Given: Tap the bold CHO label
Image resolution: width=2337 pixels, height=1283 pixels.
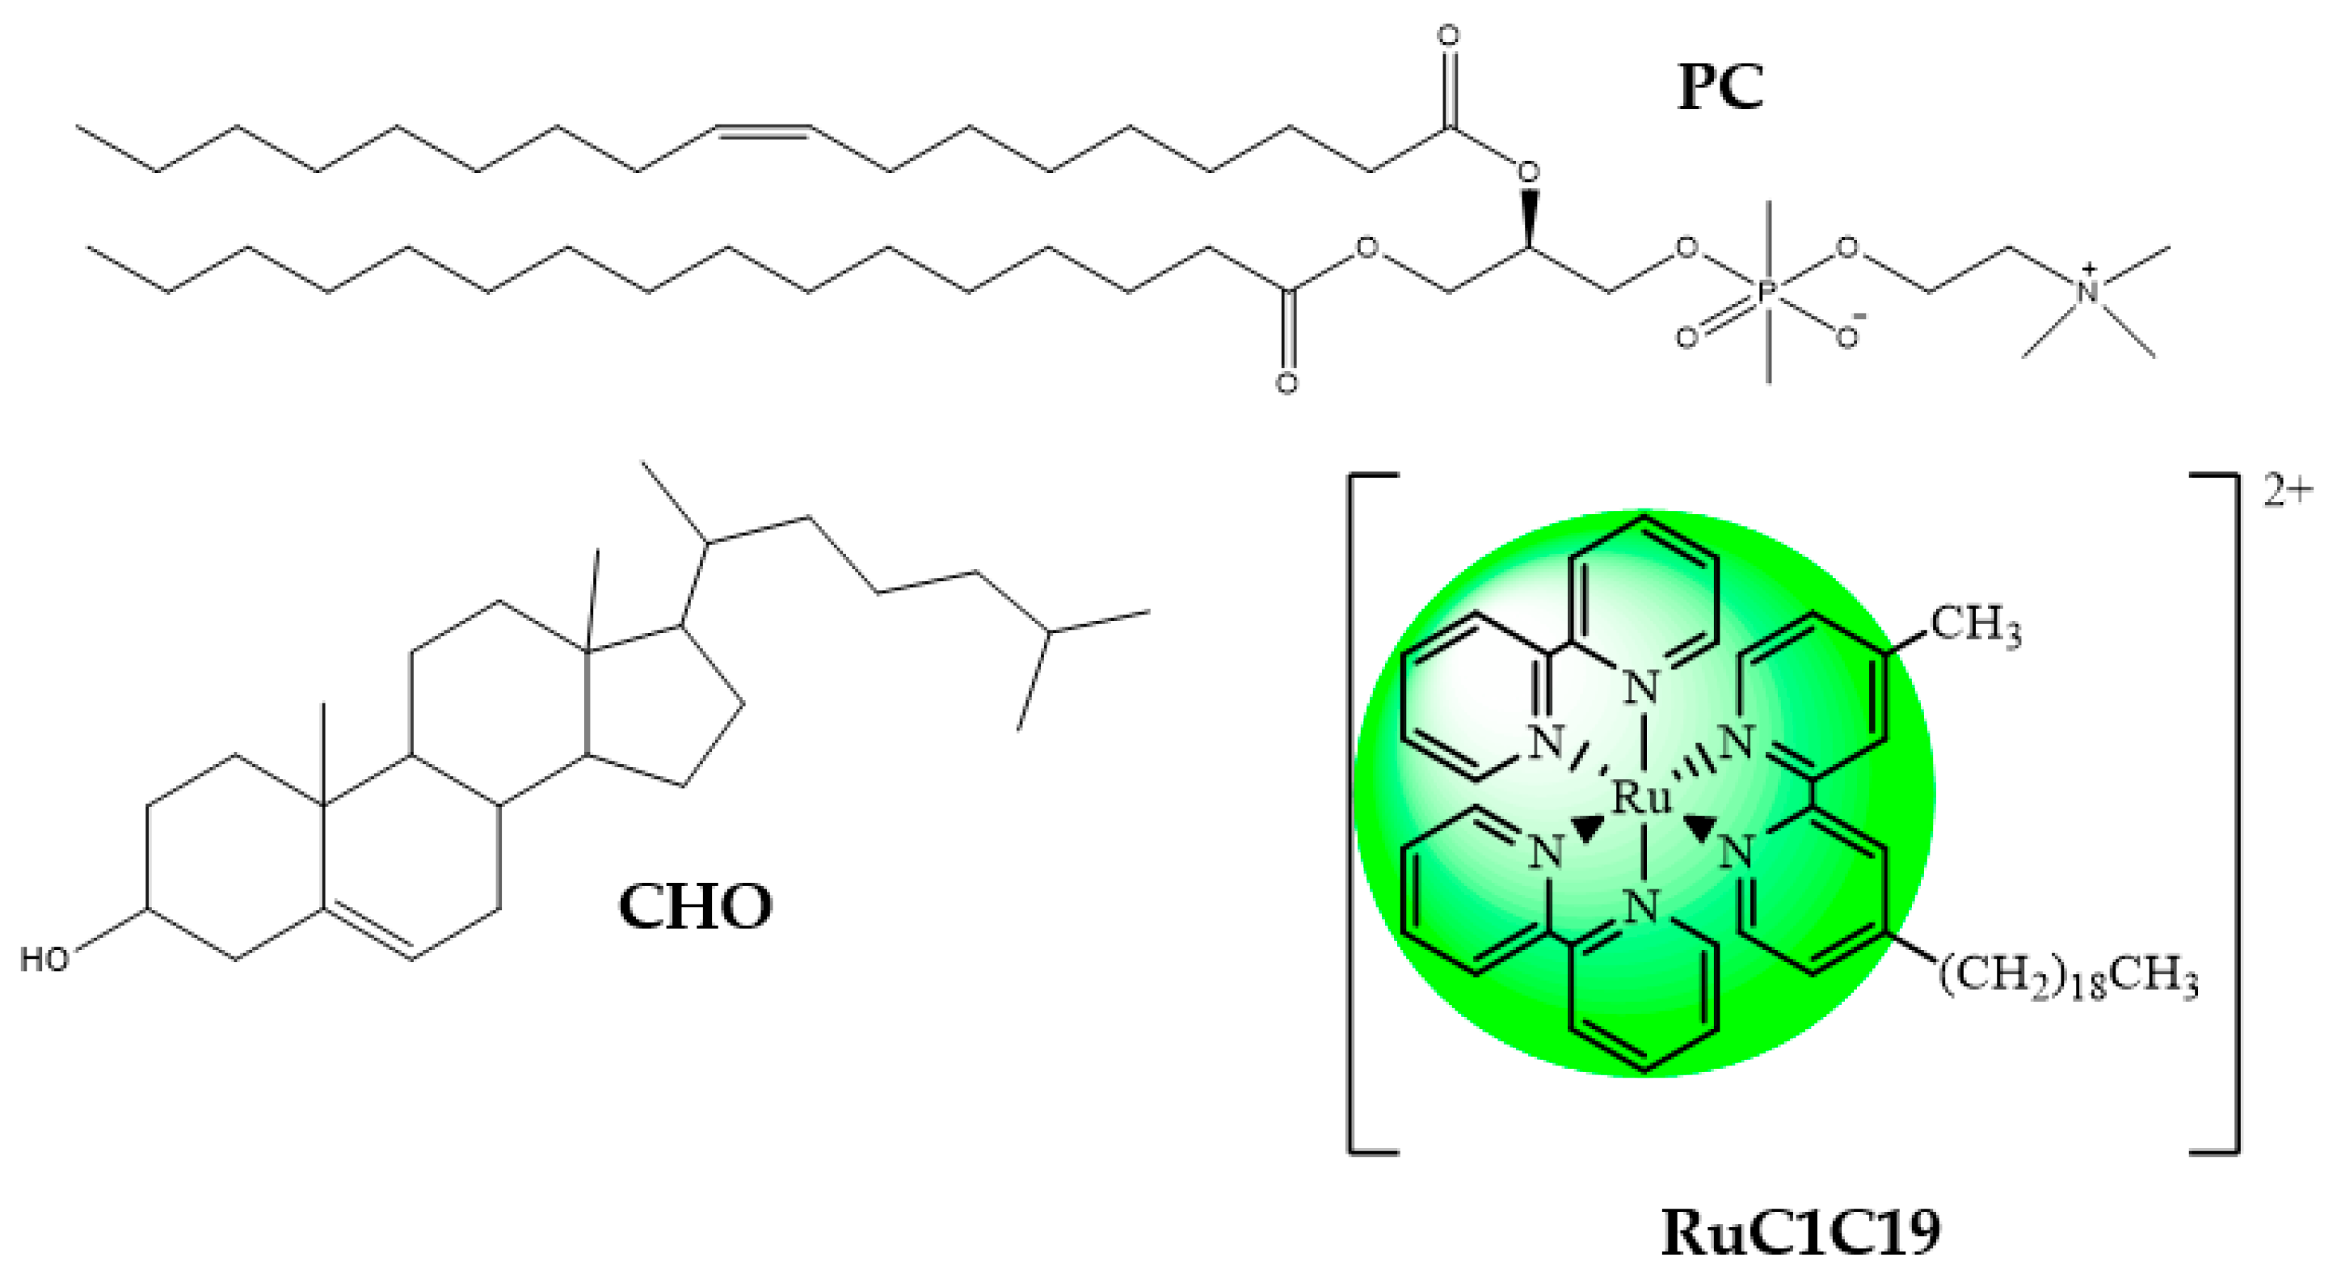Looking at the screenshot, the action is (x=695, y=906).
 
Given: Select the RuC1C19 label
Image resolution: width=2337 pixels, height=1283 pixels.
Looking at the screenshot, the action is (x=1801, y=1233).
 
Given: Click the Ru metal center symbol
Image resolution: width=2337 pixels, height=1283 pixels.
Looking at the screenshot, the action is (x=1642, y=799).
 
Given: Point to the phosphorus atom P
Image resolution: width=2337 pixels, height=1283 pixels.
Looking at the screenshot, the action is (x=1768, y=292).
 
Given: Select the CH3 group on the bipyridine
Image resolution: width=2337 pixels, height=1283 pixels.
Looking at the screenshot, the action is (x=1975, y=628).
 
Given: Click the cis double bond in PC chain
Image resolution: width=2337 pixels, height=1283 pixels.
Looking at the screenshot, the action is (x=761, y=132).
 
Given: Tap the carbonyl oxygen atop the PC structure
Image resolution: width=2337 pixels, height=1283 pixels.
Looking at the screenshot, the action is (x=1449, y=37).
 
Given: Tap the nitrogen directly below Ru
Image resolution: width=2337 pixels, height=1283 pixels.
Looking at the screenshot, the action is (x=1642, y=907).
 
